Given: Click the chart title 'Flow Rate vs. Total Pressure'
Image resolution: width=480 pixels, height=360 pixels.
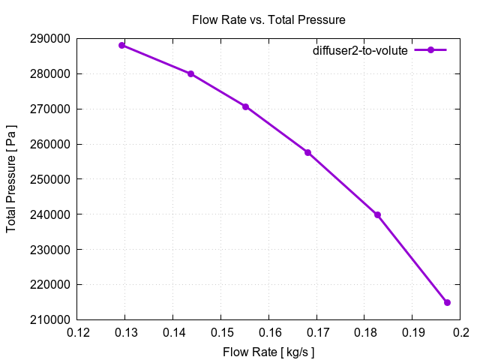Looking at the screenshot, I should (268, 19).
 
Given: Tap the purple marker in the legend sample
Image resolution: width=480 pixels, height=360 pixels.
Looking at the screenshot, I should (430, 50).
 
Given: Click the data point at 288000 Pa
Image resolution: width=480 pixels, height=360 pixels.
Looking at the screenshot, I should (121, 45).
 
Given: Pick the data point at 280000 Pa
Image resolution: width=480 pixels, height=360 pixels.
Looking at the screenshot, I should (190, 73).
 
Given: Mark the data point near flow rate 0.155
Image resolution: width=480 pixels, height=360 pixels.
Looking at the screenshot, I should (245, 106).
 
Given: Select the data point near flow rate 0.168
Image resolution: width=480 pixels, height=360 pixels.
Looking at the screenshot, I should (307, 152).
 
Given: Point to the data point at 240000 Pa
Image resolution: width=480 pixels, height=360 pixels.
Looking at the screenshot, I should (377, 214).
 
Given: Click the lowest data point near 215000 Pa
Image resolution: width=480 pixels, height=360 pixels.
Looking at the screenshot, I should (447, 302).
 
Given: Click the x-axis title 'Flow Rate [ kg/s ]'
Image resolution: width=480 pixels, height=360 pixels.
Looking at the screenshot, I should (268, 351).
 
